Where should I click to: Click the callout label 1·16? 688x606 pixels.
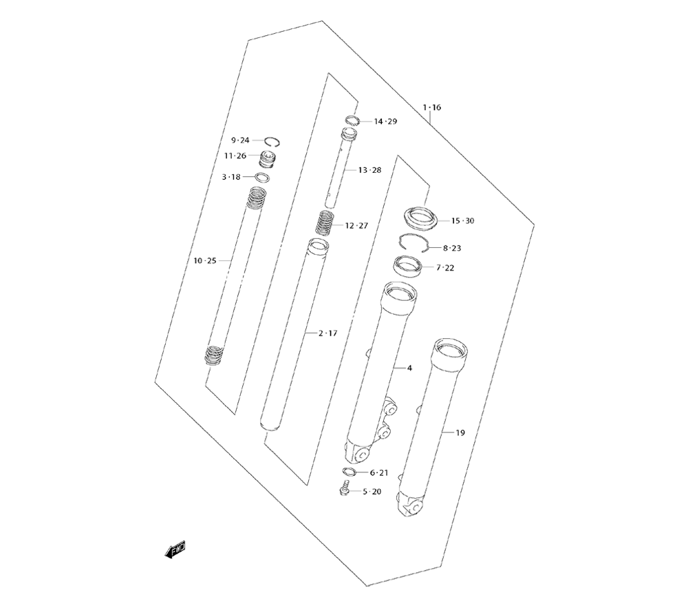[x=432, y=107]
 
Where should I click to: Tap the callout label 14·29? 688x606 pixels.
[x=385, y=121]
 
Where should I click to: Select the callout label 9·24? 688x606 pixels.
[x=240, y=140]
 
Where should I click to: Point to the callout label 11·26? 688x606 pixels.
[x=235, y=156]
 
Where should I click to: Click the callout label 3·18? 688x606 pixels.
[x=231, y=177]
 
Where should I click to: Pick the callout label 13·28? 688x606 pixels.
[x=369, y=169]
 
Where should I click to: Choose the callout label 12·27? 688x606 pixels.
[x=357, y=225]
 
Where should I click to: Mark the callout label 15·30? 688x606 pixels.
[x=462, y=220]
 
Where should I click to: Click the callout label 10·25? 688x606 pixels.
[x=205, y=260]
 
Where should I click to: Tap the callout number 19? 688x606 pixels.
[x=460, y=432]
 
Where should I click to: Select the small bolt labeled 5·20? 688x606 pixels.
[x=342, y=490]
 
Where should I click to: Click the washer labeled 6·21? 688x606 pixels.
[x=349, y=472]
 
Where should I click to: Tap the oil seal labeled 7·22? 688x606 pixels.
[x=409, y=265]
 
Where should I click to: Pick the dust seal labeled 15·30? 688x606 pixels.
[x=419, y=218]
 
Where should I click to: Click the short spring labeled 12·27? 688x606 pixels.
[x=325, y=222]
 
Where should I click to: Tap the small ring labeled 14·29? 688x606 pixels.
[x=352, y=123]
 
